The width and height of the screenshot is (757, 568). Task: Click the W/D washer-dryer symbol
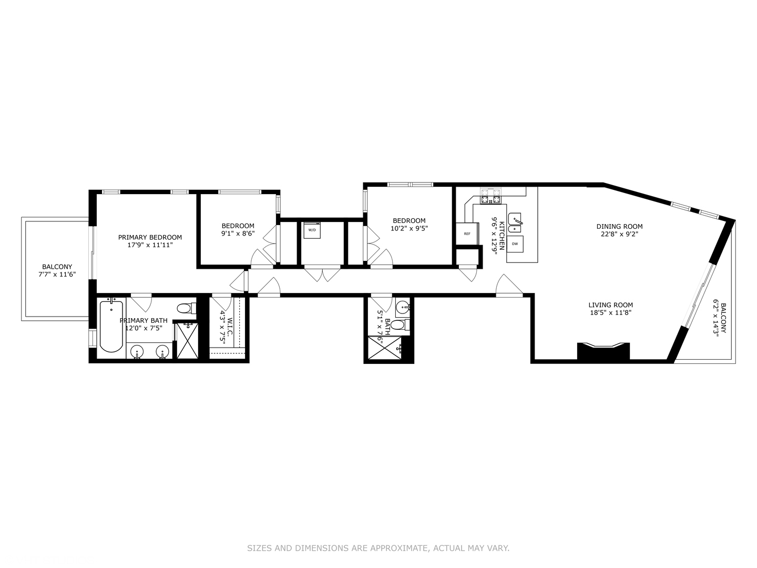tap(312, 230)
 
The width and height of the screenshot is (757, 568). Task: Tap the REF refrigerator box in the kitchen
tap(467, 234)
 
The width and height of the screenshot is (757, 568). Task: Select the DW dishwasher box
tap(515, 244)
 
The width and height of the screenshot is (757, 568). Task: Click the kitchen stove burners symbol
tap(490, 196)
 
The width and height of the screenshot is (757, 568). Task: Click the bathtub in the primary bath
tap(111, 326)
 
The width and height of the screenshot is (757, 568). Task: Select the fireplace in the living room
tap(603, 351)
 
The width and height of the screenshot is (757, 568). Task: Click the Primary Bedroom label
tap(150, 237)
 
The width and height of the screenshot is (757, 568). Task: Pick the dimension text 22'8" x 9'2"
tap(619, 235)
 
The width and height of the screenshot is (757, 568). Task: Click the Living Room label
tap(610, 305)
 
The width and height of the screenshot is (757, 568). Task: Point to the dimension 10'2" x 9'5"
tap(409, 229)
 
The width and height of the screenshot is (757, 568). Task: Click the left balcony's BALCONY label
tap(57, 267)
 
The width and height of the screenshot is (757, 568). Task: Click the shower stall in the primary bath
tap(187, 341)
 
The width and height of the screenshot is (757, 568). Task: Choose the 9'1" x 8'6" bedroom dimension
tap(238, 234)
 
